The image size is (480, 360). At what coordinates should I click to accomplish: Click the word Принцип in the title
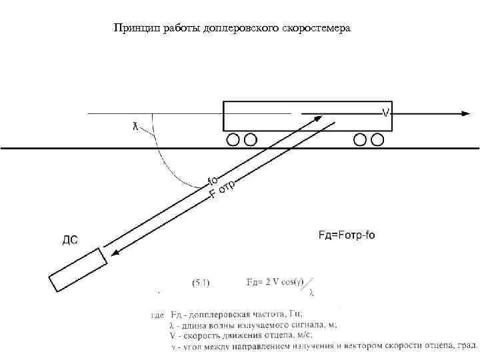[132, 29]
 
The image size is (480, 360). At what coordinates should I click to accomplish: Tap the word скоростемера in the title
[323, 29]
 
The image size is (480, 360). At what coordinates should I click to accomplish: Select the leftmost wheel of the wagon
[233, 139]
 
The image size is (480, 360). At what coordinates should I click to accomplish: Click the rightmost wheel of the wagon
[378, 139]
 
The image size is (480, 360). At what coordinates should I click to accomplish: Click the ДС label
[70, 240]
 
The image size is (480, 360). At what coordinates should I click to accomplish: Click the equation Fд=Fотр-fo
[347, 235]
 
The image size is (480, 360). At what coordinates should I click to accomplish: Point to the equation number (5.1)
[201, 283]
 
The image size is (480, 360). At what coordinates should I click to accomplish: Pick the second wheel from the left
[250, 139]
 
